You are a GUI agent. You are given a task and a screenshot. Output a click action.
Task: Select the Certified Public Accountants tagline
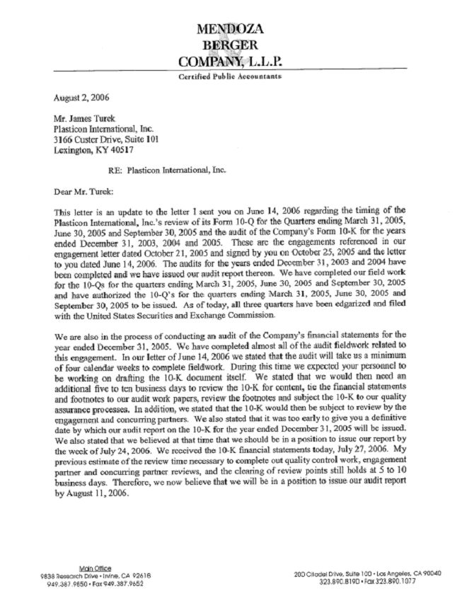[230, 76]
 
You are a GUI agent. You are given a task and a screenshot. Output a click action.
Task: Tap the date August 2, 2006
[82, 97]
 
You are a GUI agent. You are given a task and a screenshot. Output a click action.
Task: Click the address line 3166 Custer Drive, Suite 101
[104, 139]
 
